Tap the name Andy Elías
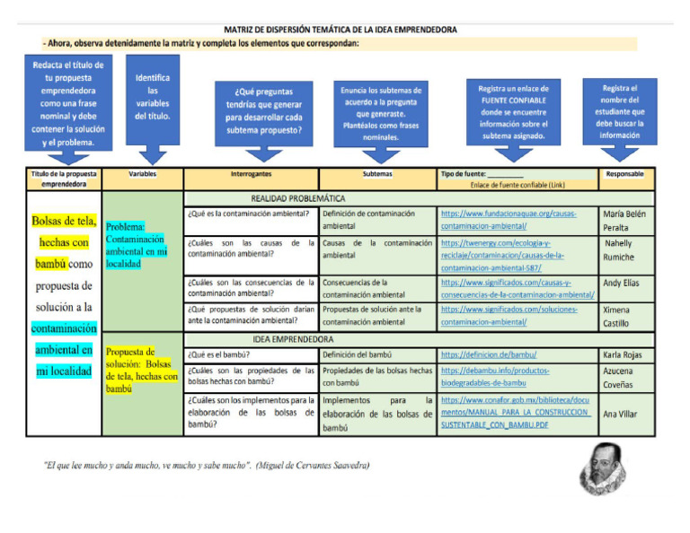(x=622, y=283)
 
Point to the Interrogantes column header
(x=251, y=173)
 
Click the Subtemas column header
(x=377, y=173)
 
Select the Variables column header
(x=143, y=173)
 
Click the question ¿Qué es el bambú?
(x=219, y=354)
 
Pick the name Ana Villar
(x=620, y=414)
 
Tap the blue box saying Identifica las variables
(x=153, y=99)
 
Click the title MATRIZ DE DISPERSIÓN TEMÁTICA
(x=341, y=30)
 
